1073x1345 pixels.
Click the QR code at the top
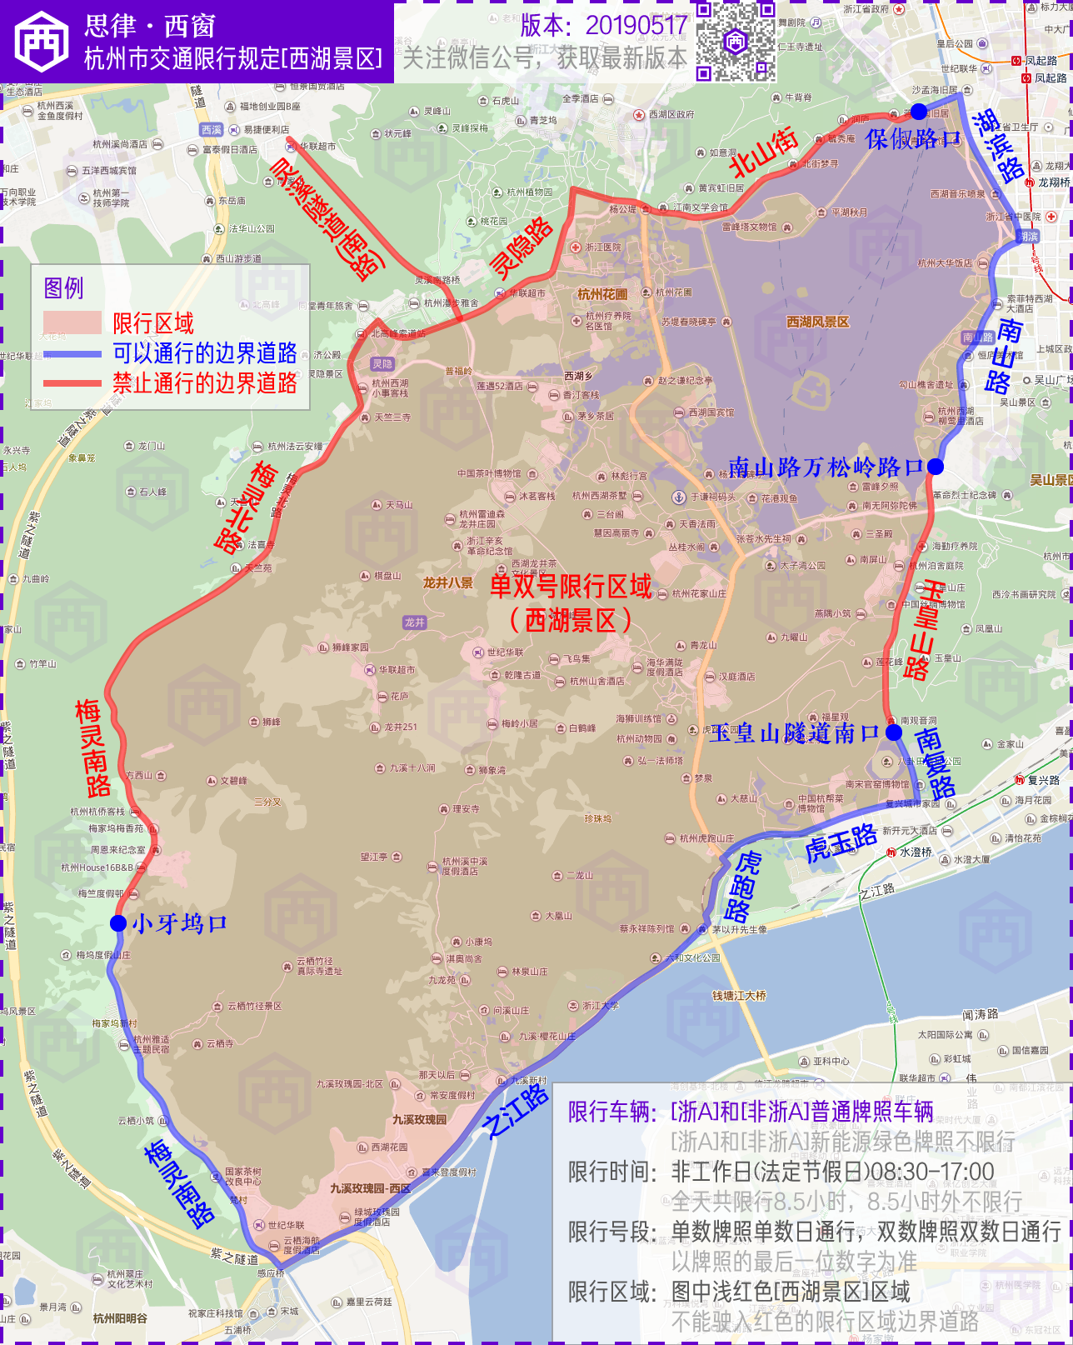[x=736, y=41]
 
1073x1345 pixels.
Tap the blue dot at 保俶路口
[x=918, y=112]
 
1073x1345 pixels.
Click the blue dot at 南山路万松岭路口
[x=936, y=467]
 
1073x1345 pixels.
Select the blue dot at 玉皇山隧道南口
[x=894, y=732]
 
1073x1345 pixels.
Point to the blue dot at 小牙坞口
[x=118, y=923]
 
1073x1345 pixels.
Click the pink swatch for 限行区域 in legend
[x=72, y=322]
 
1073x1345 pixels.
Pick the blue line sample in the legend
[x=72, y=354]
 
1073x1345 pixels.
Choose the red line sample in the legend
[x=72, y=383]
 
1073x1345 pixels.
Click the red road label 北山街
[x=763, y=152]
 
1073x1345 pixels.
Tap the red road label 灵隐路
[x=522, y=247]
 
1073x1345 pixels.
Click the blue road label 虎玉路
[x=841, y=842]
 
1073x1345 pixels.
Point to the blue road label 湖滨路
[x=998, y=146]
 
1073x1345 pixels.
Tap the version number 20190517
[x=636, y=26]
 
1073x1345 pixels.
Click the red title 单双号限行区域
[x=571, y=587]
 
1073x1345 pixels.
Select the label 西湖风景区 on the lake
[x=817, y=322]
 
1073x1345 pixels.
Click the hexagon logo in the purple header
[x=42, y=42]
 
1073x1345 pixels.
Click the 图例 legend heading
[x=63, y=288]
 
